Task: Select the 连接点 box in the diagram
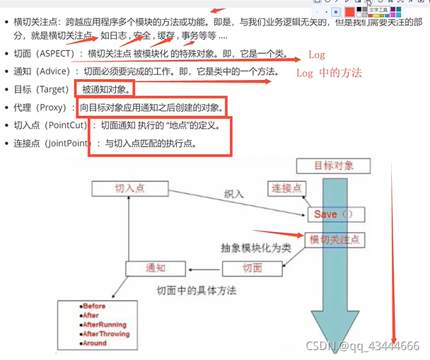pos(286,188)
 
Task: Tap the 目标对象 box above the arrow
pos(342,166)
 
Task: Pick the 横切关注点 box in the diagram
pos(335,240)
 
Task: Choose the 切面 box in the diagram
pos(252,268)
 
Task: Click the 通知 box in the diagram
pos(155,268)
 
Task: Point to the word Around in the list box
pos(95,343)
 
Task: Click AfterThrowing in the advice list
pos(106,334)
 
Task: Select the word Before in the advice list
pos(94,306)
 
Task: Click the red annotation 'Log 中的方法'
pos(329,73)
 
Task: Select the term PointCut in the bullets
pos(68,125)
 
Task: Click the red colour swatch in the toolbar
pos(349,11)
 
